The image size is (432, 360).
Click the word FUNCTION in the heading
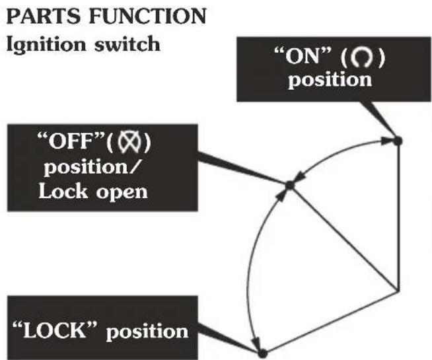[x=148, y=16]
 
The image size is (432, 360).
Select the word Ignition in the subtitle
[x=46, y=44]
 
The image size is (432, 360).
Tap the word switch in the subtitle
[x=127, y=44]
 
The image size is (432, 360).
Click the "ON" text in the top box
[x=303, y=56]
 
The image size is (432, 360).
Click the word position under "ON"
[x=330, y=80]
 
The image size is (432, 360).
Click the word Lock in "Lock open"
[x=63, y=191]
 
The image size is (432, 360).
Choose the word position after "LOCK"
[x=147, y=332]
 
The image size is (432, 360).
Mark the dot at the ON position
[x=397, y=141]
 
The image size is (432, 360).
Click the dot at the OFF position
[x=289, y=186]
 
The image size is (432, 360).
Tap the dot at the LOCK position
[x=262, y=353]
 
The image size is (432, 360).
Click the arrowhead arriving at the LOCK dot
[x=256, y=343]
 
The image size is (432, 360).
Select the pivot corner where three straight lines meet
[x=398, y=291]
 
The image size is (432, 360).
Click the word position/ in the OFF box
[x=92, y=167]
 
